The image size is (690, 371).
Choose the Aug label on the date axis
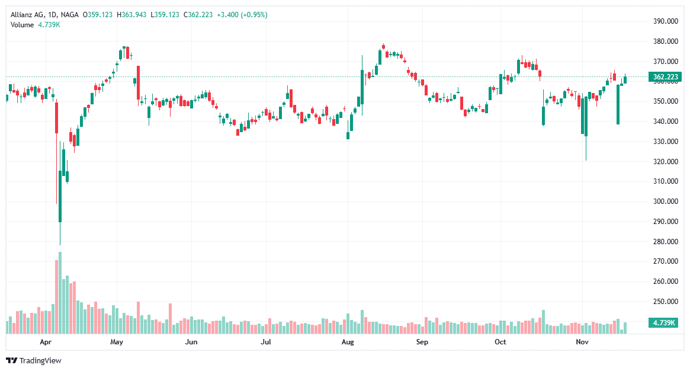coord(348,342)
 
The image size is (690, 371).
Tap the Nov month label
coord(582,342)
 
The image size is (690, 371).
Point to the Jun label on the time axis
coord(191,342)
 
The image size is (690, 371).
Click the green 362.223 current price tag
coord(665,77)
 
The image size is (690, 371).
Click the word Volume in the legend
coord(23,24)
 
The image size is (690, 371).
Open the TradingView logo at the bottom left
coord(34,360)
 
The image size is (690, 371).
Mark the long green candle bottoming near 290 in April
coord(60,196)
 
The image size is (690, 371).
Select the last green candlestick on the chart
coord(625,80)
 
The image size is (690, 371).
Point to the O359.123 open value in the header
coord(98,14)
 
